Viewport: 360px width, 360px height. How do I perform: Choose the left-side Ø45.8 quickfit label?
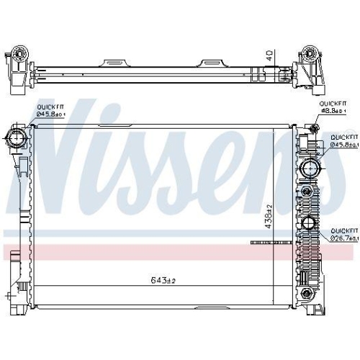click(52, 114)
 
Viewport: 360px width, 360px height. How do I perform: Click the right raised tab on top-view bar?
click(215, 61)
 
